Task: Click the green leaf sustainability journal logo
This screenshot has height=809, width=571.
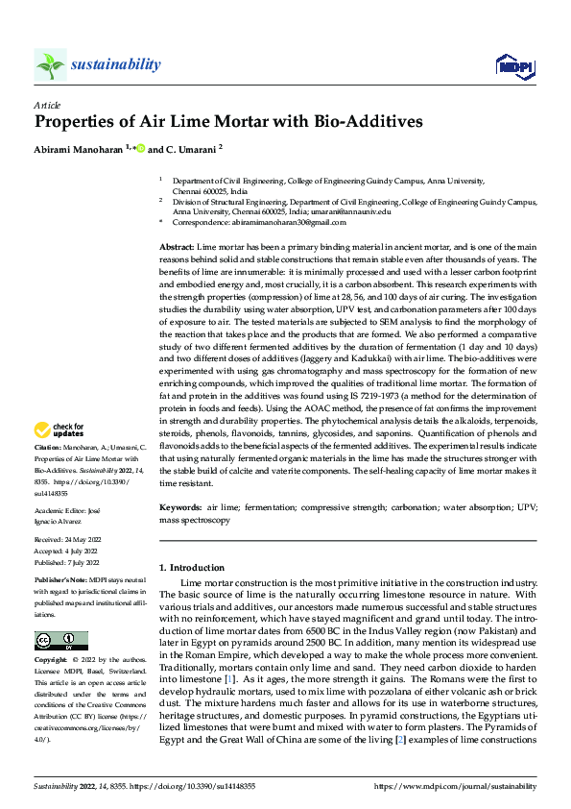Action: click(x=50, y=64)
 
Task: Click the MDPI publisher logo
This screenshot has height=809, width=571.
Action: click(x=512, y=65)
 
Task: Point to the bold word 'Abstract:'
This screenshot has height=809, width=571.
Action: click(x=177, y=248)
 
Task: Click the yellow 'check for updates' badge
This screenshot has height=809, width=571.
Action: click(x=60, y=429)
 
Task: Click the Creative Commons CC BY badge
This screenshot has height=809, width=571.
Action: click(x=60, y=641)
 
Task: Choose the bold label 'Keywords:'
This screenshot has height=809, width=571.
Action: click(x=180, y=506)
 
